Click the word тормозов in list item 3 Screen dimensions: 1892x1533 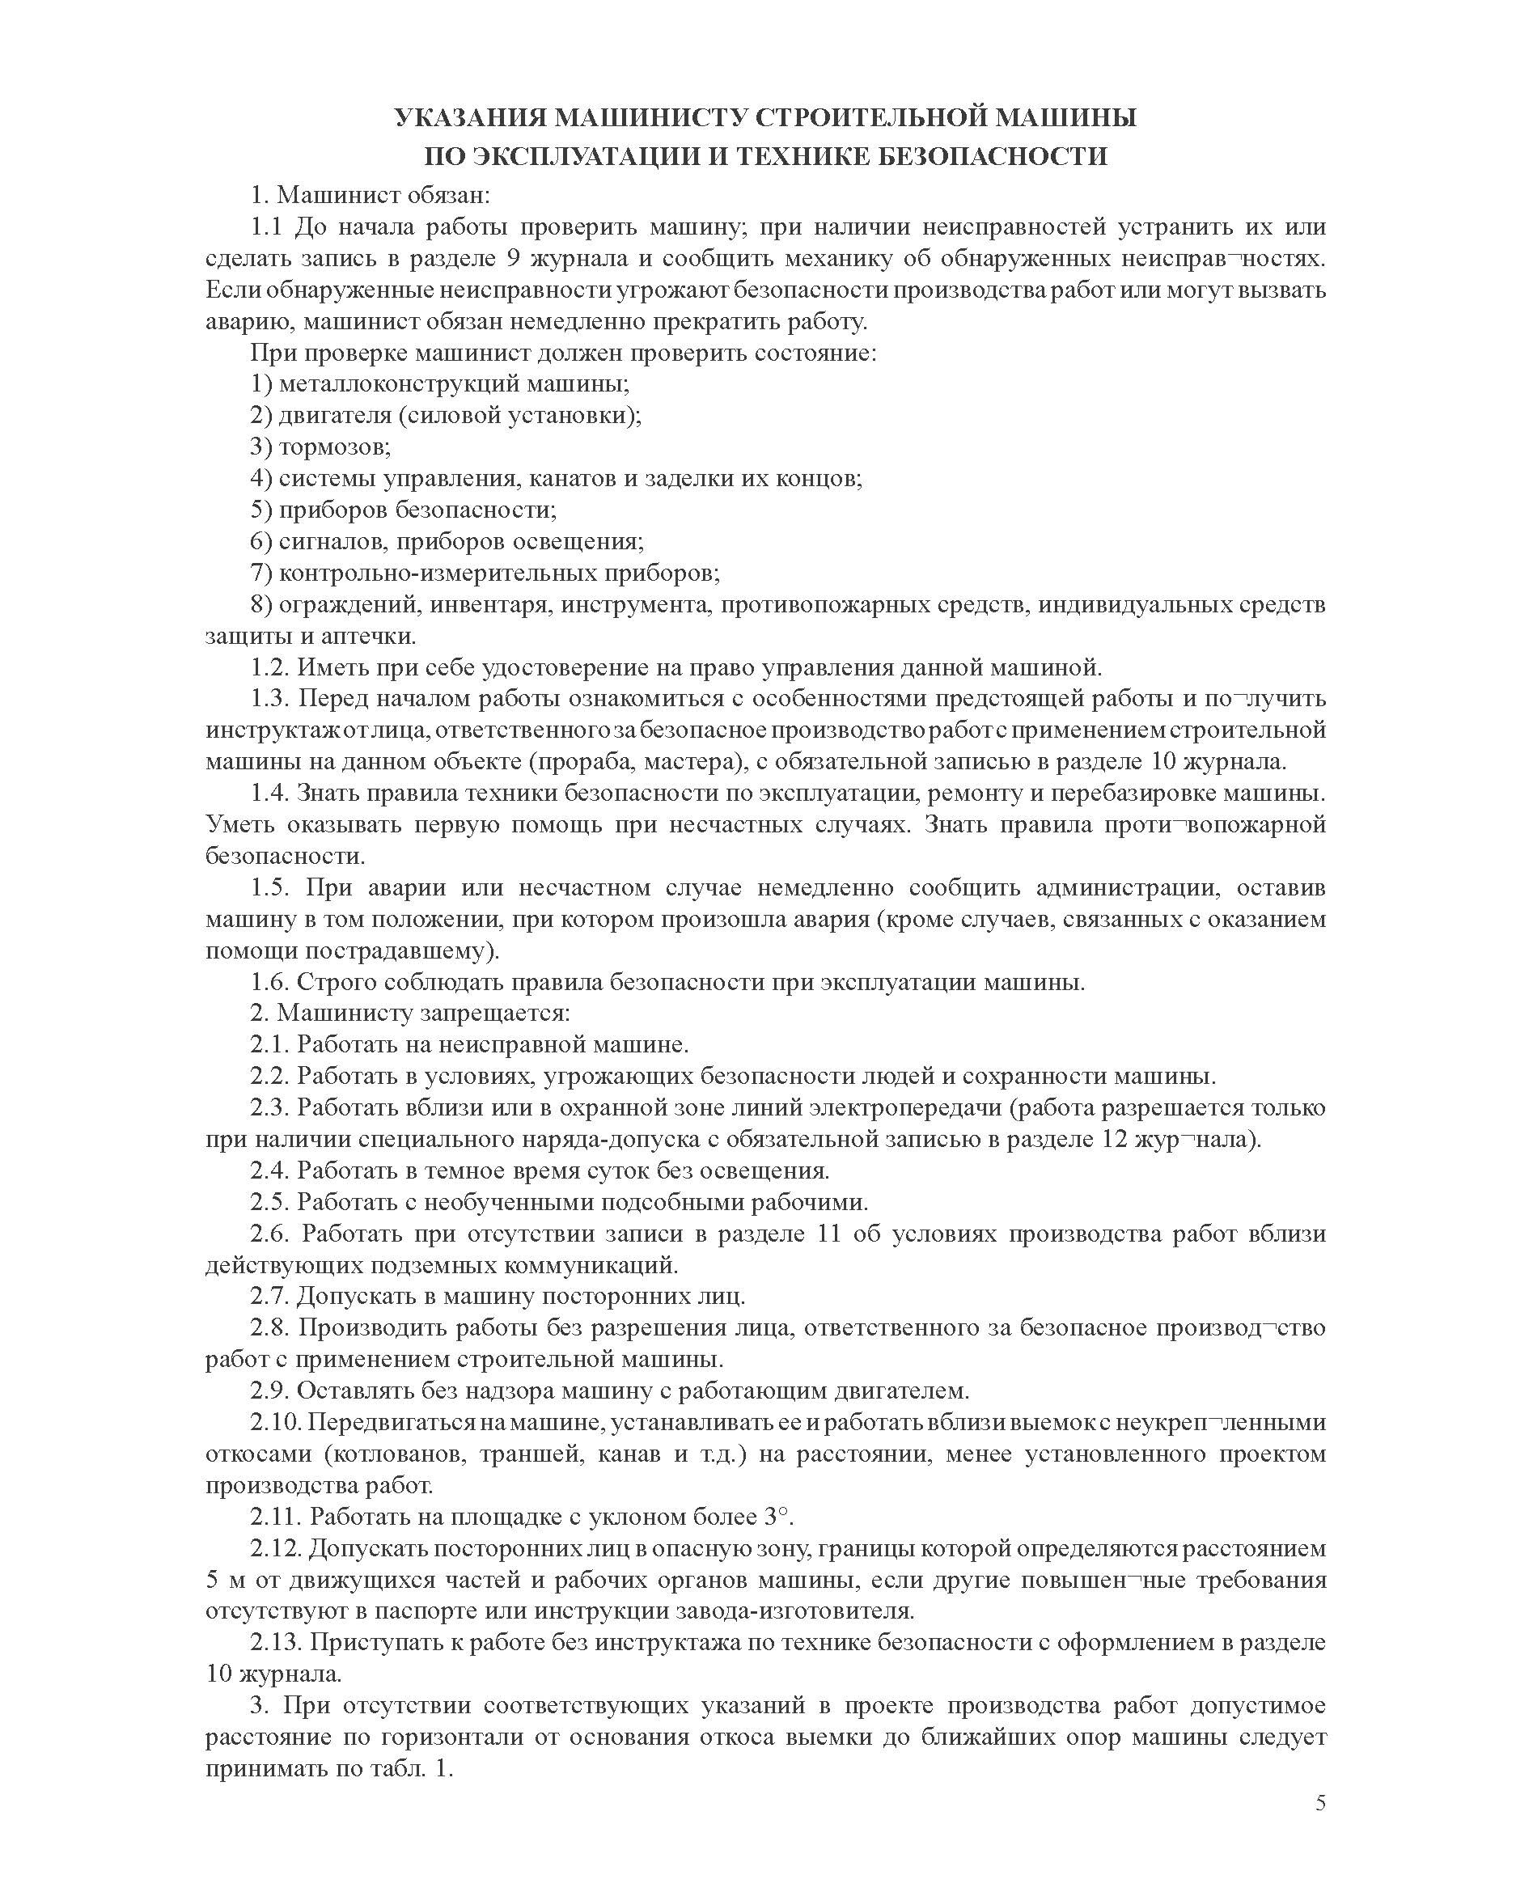coord(335,447)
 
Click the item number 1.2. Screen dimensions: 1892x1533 coord(269,667)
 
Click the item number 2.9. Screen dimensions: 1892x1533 coord(269,1390)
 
